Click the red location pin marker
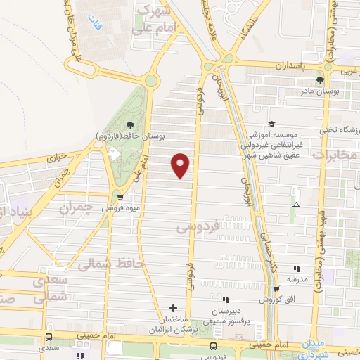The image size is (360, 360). coord(181,165)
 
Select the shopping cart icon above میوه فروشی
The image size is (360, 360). coord(120,198)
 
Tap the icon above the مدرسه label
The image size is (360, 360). coord(296,269)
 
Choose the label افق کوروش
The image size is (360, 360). coord(290,300)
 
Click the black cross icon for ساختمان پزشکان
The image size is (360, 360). coord(173,308)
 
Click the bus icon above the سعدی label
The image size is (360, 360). coord(49,337)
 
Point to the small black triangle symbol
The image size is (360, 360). coord(296,205)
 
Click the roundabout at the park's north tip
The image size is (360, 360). coord(150,81)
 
